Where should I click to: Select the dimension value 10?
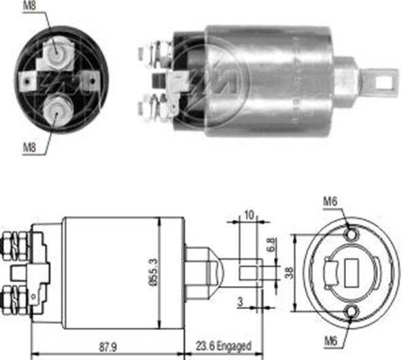(249, 215)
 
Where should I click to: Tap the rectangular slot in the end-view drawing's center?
(352, 272)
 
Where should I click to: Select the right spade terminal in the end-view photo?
(86, 81)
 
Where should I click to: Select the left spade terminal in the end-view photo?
(29, 82)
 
